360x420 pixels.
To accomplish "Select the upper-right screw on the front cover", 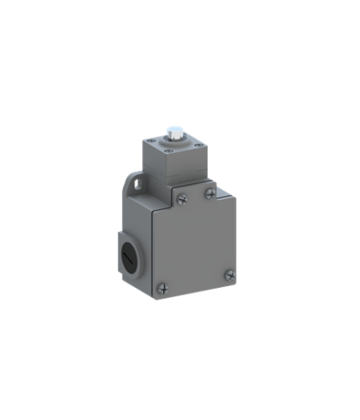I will (x=208, y=193).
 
